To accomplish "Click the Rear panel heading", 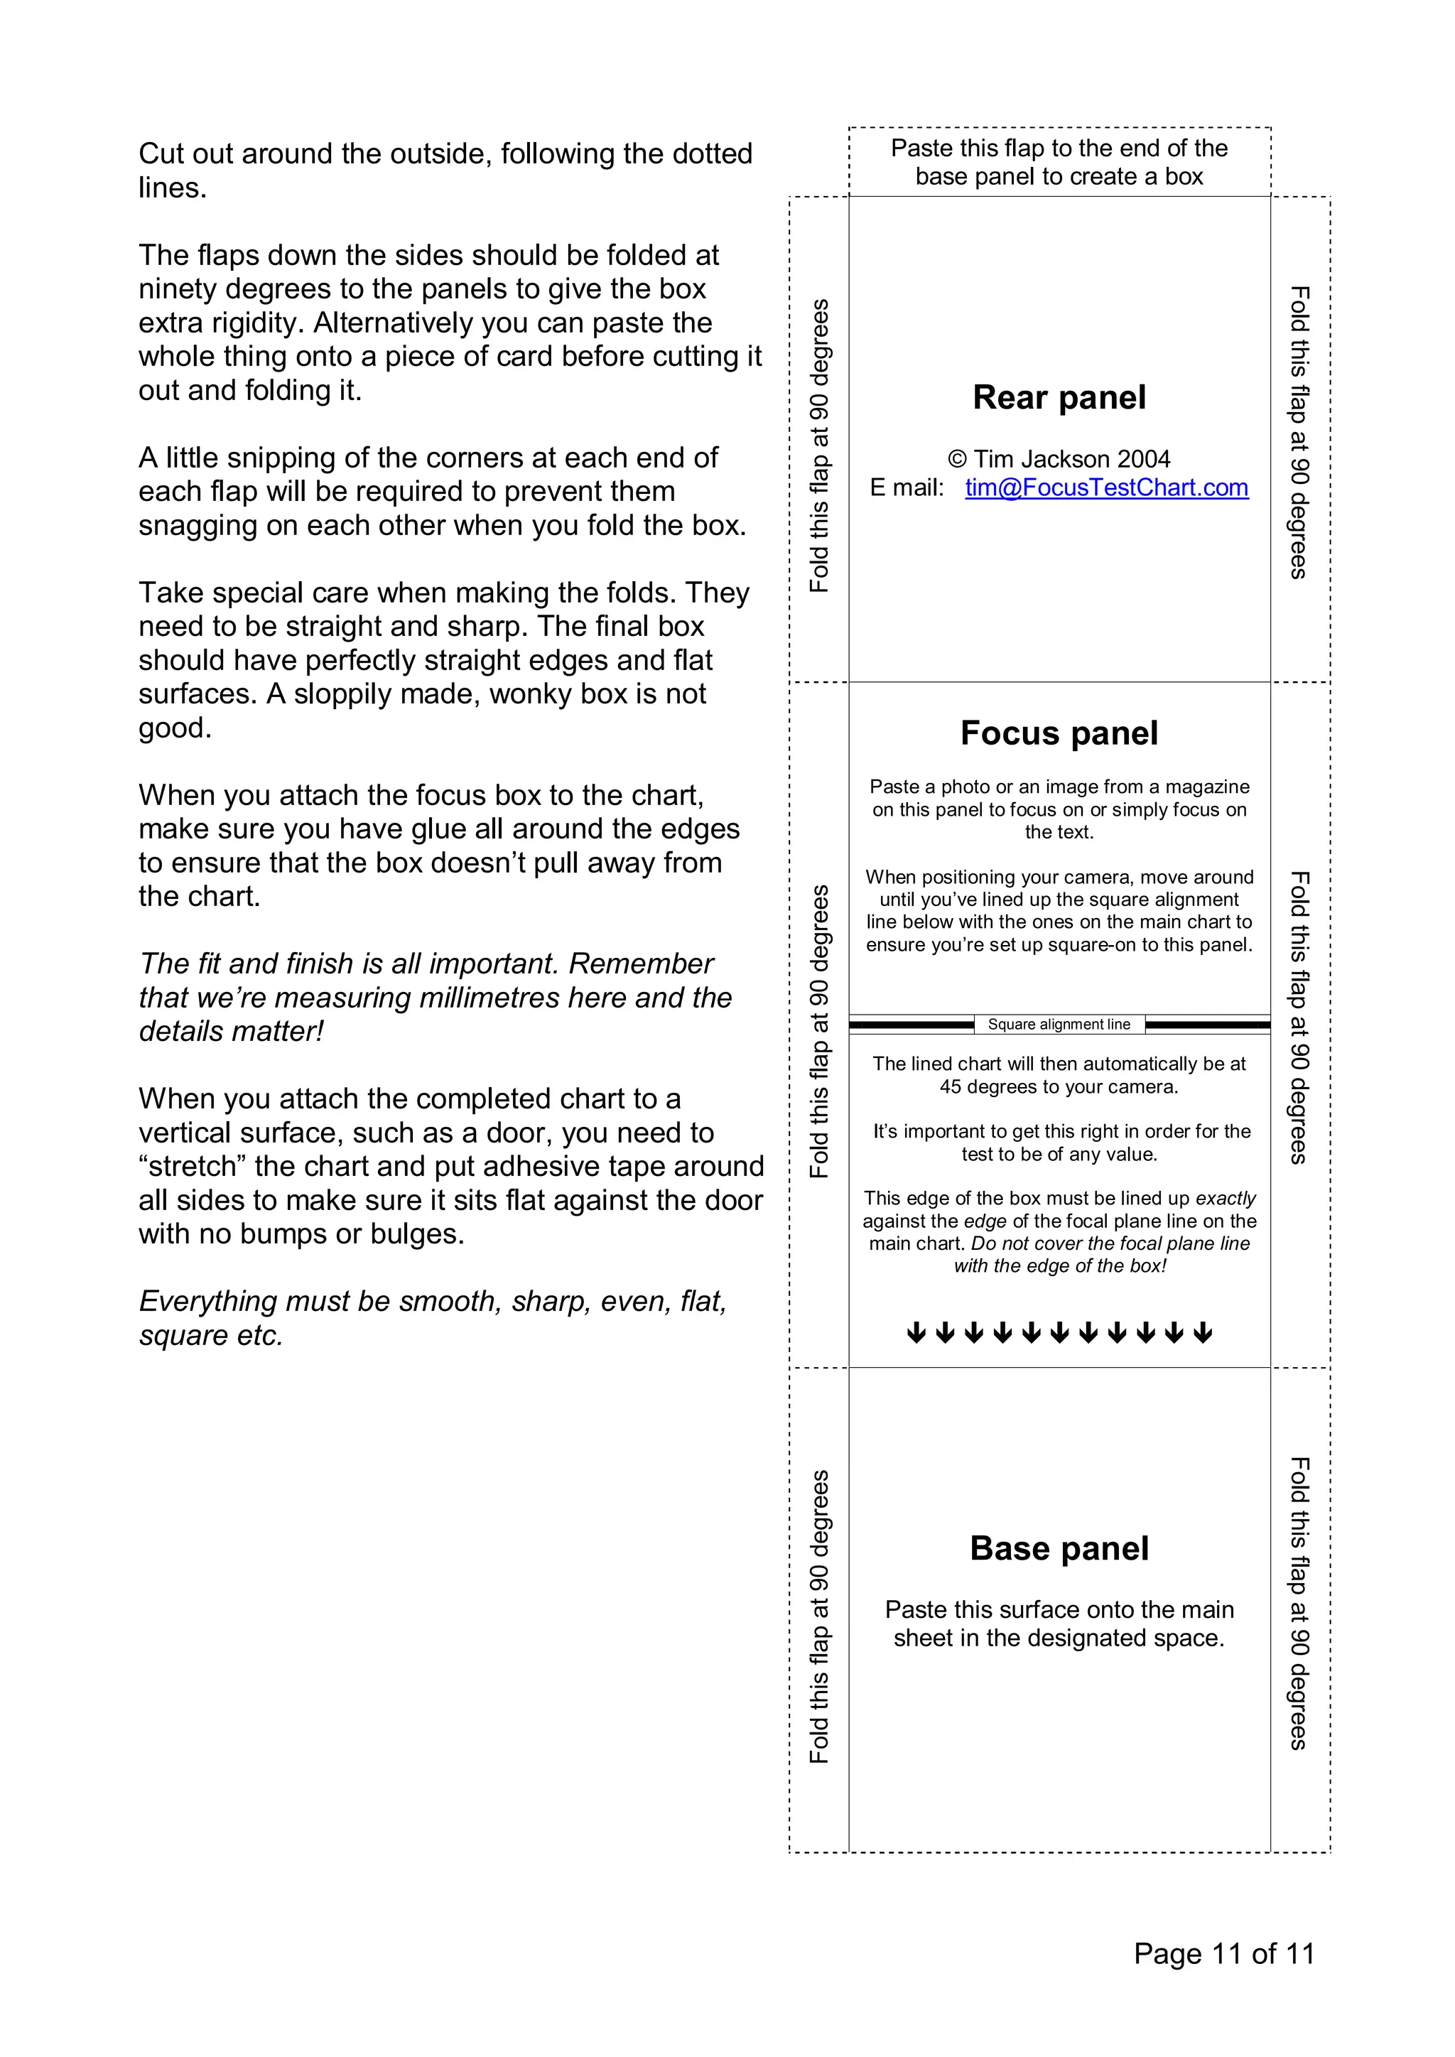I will [x=1059, y=398].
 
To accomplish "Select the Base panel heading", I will [x=1059, y=1548].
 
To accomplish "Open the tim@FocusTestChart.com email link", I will [x=1106, y=487].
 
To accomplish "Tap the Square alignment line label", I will [x=1059, y=1024].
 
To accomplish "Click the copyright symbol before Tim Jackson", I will [x=958, y=460].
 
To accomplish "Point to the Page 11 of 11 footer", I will [x=1224, y=1953].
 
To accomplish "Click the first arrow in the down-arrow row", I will [x=916, y=1333].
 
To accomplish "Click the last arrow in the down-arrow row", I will [x=1204, y=1333].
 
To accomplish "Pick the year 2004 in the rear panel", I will [x=1143, y=460].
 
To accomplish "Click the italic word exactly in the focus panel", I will [x=1226, y=1199].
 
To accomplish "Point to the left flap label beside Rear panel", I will [x=819, y=446].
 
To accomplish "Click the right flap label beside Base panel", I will [x=1300, y=1604].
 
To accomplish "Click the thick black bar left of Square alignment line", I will [x=912, y=1024].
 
